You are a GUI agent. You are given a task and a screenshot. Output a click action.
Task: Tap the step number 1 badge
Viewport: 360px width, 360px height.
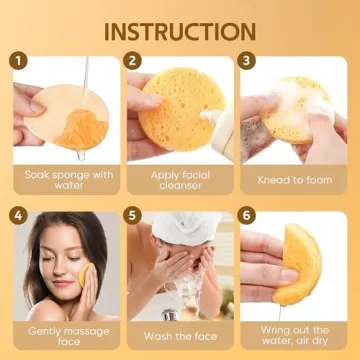coord(18,61)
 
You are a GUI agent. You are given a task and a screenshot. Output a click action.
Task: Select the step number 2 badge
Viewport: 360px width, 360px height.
coord(133,61)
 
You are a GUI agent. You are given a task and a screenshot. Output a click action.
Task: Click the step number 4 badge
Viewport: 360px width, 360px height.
coord(18,216)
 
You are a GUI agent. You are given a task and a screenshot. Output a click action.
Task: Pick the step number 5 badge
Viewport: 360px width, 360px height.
coord(133,216)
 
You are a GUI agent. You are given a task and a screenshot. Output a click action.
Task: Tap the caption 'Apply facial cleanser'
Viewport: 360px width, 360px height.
coord(180,179)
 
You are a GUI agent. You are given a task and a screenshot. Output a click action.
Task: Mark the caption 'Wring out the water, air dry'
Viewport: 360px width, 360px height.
coord(294,334)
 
